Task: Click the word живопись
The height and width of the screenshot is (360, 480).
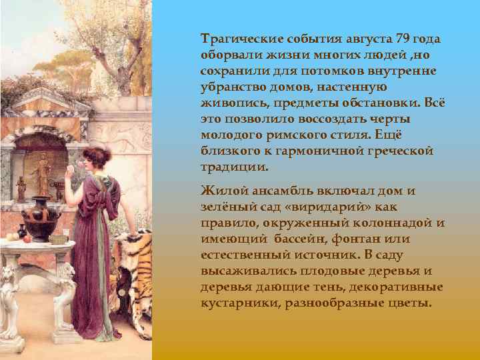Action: (231, 103)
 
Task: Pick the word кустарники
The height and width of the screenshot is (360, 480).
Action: (240, 303)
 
